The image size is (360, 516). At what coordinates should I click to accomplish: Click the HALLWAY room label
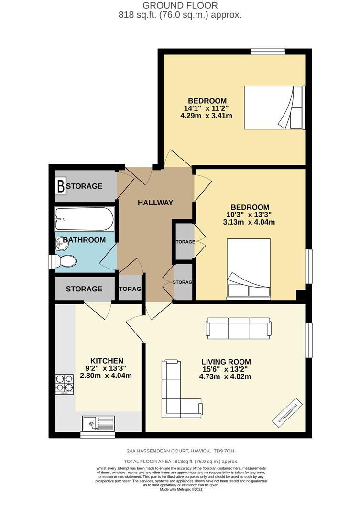pos(155,203)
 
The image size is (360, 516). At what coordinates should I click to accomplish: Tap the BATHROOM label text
pos(84,240)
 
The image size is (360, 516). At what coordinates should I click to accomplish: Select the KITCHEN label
pos(107,361)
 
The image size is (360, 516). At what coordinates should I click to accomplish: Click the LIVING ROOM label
pos(226,362)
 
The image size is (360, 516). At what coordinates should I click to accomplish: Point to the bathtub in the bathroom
pos(84,219)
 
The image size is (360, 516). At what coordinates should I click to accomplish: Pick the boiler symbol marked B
pos(61,186)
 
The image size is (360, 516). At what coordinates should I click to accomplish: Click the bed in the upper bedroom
pos(273,107)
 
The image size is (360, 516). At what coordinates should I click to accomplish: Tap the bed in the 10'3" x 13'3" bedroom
pos(249,268)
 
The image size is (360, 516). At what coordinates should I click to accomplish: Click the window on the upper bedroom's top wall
pos(268,52)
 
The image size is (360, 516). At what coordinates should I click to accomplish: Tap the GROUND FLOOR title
pos(180,6)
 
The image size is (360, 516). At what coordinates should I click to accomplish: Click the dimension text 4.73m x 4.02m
pos(225,376)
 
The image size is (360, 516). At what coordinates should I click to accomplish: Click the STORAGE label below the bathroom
pos(84,289)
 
